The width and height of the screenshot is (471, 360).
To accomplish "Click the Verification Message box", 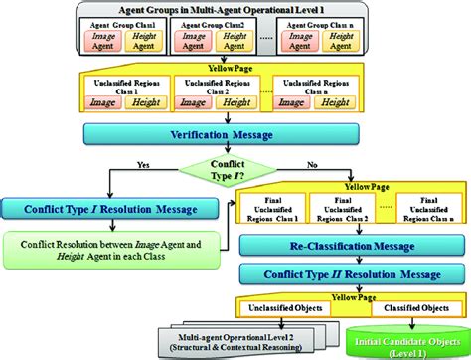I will [x=235, y=133].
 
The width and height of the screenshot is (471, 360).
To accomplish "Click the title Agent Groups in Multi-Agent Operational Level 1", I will [x=235, y=10].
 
